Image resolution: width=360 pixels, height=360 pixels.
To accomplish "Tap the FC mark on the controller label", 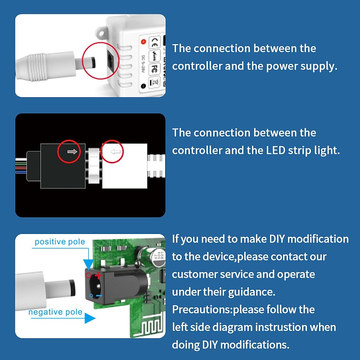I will [153, 70].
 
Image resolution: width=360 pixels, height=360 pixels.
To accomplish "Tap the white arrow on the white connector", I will [116, 152].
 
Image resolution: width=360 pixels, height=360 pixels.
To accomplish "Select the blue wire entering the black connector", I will [21, 172].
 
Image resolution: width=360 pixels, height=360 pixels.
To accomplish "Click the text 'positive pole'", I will [60, 242].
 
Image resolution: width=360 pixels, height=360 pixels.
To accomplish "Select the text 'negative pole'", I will [55, 312].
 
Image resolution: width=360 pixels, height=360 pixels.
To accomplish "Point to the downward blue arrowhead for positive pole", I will [89, 263].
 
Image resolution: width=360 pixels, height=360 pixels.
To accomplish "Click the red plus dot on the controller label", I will [144, 42].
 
